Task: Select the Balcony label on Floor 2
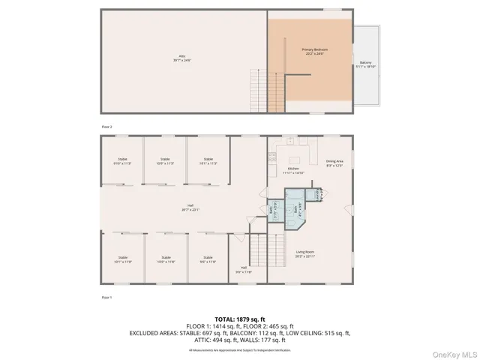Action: (x=365, y=64)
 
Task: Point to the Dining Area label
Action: (x=334, y=163)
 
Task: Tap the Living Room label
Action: (x=304, y=254)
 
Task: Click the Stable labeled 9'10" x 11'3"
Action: (x=122, y=160)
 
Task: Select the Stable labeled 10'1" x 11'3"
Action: (x=208, y=160)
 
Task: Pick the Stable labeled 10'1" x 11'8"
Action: (x=122, y=259)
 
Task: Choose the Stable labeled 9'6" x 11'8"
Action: (x=208, y=259)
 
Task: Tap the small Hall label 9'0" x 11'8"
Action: (x=244, y=269)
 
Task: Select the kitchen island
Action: (x=294, y=159)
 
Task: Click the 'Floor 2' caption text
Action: (x=106, y=127)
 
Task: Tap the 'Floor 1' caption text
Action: (x=106, y=298)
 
